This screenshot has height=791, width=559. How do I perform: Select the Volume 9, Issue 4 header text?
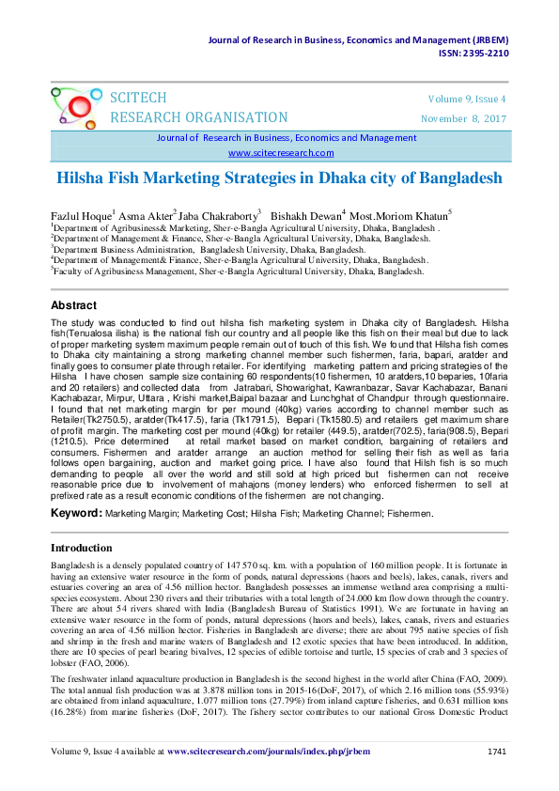[x=468, y=99]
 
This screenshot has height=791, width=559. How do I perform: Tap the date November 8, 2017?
[x=464, y=118]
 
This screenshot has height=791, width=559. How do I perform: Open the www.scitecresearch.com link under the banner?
[x=281, y=152]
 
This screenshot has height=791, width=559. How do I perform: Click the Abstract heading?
[x=73, y=305]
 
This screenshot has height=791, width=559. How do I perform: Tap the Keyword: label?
[x=75, y=514]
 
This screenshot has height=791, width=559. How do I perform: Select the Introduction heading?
[x=81, y=548]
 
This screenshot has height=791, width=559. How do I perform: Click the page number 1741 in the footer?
[x=498, y=752]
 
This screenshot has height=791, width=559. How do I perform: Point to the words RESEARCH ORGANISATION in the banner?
[x=199, y=117]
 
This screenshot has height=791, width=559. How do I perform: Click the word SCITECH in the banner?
[x=139, y=99]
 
